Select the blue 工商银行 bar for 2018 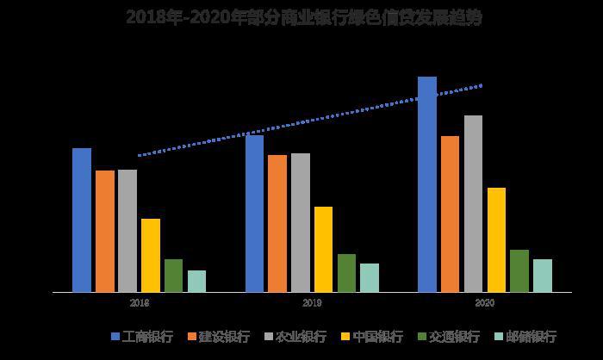82,220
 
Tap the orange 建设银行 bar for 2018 105,231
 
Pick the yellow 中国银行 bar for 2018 151,255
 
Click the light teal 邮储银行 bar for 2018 196,281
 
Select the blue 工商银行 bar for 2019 254,213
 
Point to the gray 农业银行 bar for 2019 301,222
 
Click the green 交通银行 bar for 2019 346,273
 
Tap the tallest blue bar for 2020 427,184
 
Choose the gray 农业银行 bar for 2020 473,203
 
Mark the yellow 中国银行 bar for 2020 496,239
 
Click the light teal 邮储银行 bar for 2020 542,276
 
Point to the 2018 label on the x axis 140,303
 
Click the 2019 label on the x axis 312,303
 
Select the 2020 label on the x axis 484,303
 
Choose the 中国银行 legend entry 372,337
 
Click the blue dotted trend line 310,121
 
